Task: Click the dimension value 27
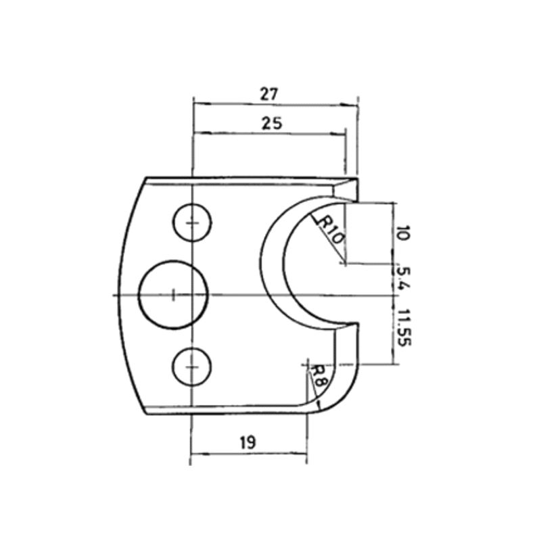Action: (x=269, y=94)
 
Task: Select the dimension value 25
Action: (x=272, y=123)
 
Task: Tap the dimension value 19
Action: (x=248, y=442)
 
